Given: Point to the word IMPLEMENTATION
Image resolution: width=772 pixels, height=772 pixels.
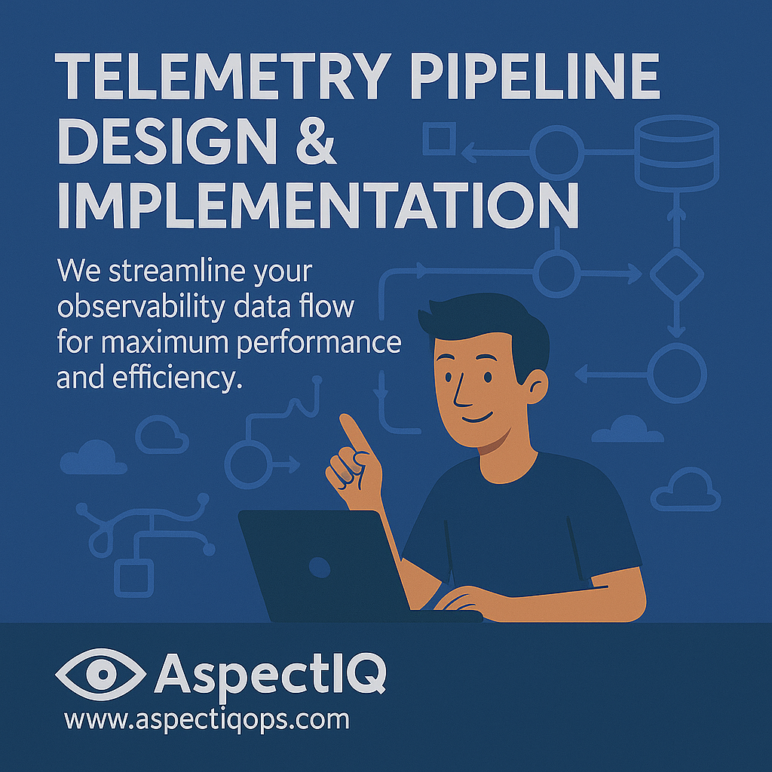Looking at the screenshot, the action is pyautogui.click(x=318, y=205).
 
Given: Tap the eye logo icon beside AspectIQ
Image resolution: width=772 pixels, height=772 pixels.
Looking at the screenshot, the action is pyautogui.click(x=101, y=674).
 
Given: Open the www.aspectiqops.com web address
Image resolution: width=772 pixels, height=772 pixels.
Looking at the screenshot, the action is pyautogui.click(x=207, y=720).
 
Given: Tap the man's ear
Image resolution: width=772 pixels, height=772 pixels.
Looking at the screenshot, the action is pyautogui.click(x=537, y=386).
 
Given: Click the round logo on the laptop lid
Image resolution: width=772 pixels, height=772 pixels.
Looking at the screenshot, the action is pyautogui.click(x=320, y=568).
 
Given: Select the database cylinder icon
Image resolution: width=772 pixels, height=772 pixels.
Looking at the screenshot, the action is pyautogui.click(x=676, y=153).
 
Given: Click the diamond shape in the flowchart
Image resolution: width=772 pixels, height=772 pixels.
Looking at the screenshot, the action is pyautogui.click(x=676, y=274).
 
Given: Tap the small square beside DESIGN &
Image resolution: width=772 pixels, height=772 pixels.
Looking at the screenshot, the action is pyautogui.click(x=440, y=139).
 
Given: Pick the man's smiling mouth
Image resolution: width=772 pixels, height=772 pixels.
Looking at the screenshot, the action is pyautogui.click(x=477, y=418).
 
